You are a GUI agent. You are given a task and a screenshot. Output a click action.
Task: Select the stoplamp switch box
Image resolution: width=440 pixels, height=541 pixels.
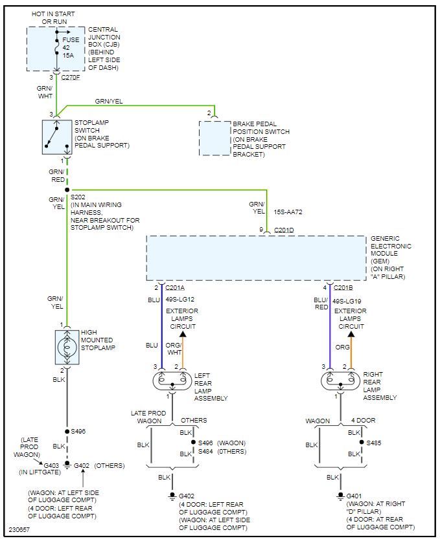pyautogui.click(x=57, y=137)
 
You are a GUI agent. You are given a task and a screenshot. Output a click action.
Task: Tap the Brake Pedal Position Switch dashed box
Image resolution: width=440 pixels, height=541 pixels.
pyautogui.click(x=214, y=138)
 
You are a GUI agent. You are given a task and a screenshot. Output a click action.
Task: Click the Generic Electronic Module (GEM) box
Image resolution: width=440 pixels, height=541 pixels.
pyautogui.click(x=256, y=258)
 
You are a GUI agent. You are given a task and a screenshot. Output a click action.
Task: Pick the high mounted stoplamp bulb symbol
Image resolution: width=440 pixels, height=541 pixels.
pyautogui.click(x=67, y=348)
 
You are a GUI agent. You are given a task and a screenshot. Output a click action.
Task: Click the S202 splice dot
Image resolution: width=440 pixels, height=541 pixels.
pyautogui.click(x=67, y=190)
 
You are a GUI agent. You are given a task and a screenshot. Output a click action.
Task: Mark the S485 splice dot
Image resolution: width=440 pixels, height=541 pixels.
pyautogui.click(x=362, y=443)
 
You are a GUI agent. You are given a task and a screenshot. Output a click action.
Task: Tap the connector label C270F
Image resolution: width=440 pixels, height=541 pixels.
pyautogui.click(x=71, y=77)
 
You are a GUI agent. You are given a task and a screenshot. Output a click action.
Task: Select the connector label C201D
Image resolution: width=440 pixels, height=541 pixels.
pyautogui.click(x=284, y=230)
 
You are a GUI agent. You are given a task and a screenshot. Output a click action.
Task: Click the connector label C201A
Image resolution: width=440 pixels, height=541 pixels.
pyautogui.click(x=176, y=288)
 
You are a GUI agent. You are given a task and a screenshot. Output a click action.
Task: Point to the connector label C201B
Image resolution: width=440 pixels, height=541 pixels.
pyautogui.click(x=344, y=288)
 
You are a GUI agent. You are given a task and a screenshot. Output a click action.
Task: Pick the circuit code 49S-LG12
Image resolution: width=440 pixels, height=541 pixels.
pyautogui.click(x=181, y=300)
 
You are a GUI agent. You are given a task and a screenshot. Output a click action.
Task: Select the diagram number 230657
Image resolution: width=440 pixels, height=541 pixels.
pyautogui.click(x=19, y=529)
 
